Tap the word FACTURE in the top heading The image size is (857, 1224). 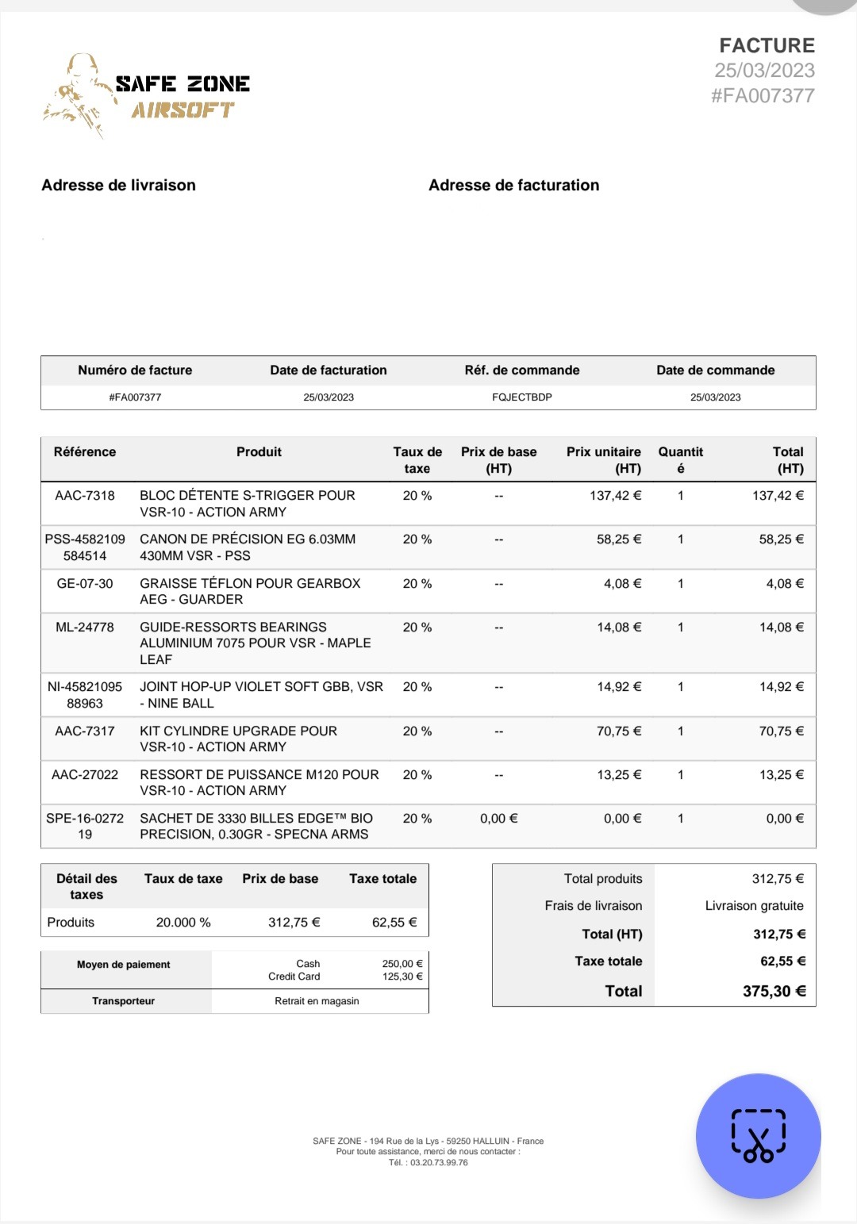pyautogui.click(x=767, y=45)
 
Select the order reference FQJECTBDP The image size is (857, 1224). pyautogui.click(x=521, y=397)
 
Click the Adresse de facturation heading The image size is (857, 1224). pyautogui.click(x=513, y=185)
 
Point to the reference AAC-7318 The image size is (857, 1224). pyautogui.click(x=85, y=496)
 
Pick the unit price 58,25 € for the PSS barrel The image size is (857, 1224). pyautogui.click(x=619, y=539)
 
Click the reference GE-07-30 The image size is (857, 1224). pyautogui.click(x=85, y=583)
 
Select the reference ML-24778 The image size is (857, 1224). pyautogui.click(x=85, y=627)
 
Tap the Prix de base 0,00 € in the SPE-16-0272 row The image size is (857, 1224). pyautogui.click(x=498, y=818)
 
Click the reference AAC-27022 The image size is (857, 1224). pyautogui.click(x=85, y=774)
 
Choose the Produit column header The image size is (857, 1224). pyautogui.click(x=259, y=452)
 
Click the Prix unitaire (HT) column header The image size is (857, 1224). pyautogui.click(x=603, y=460)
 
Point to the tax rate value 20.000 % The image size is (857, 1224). pyautogui.click(x=183, y=923)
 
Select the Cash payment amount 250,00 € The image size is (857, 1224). pyautogui.click(x=402, y=964)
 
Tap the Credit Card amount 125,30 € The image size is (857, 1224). pyautogui.click(x=402, y=977)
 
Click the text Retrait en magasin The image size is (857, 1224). pyautogui.click(x=317, y=1001)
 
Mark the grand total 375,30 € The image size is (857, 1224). pyautogui.click(x=774, y=991)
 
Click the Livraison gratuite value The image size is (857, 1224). pyautogui.click(x=754, y=906)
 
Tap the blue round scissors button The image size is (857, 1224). pyautogui.click(x=758, y=1136)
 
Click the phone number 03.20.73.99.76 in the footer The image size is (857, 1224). pyautogui.click(x=439, y=1163)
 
